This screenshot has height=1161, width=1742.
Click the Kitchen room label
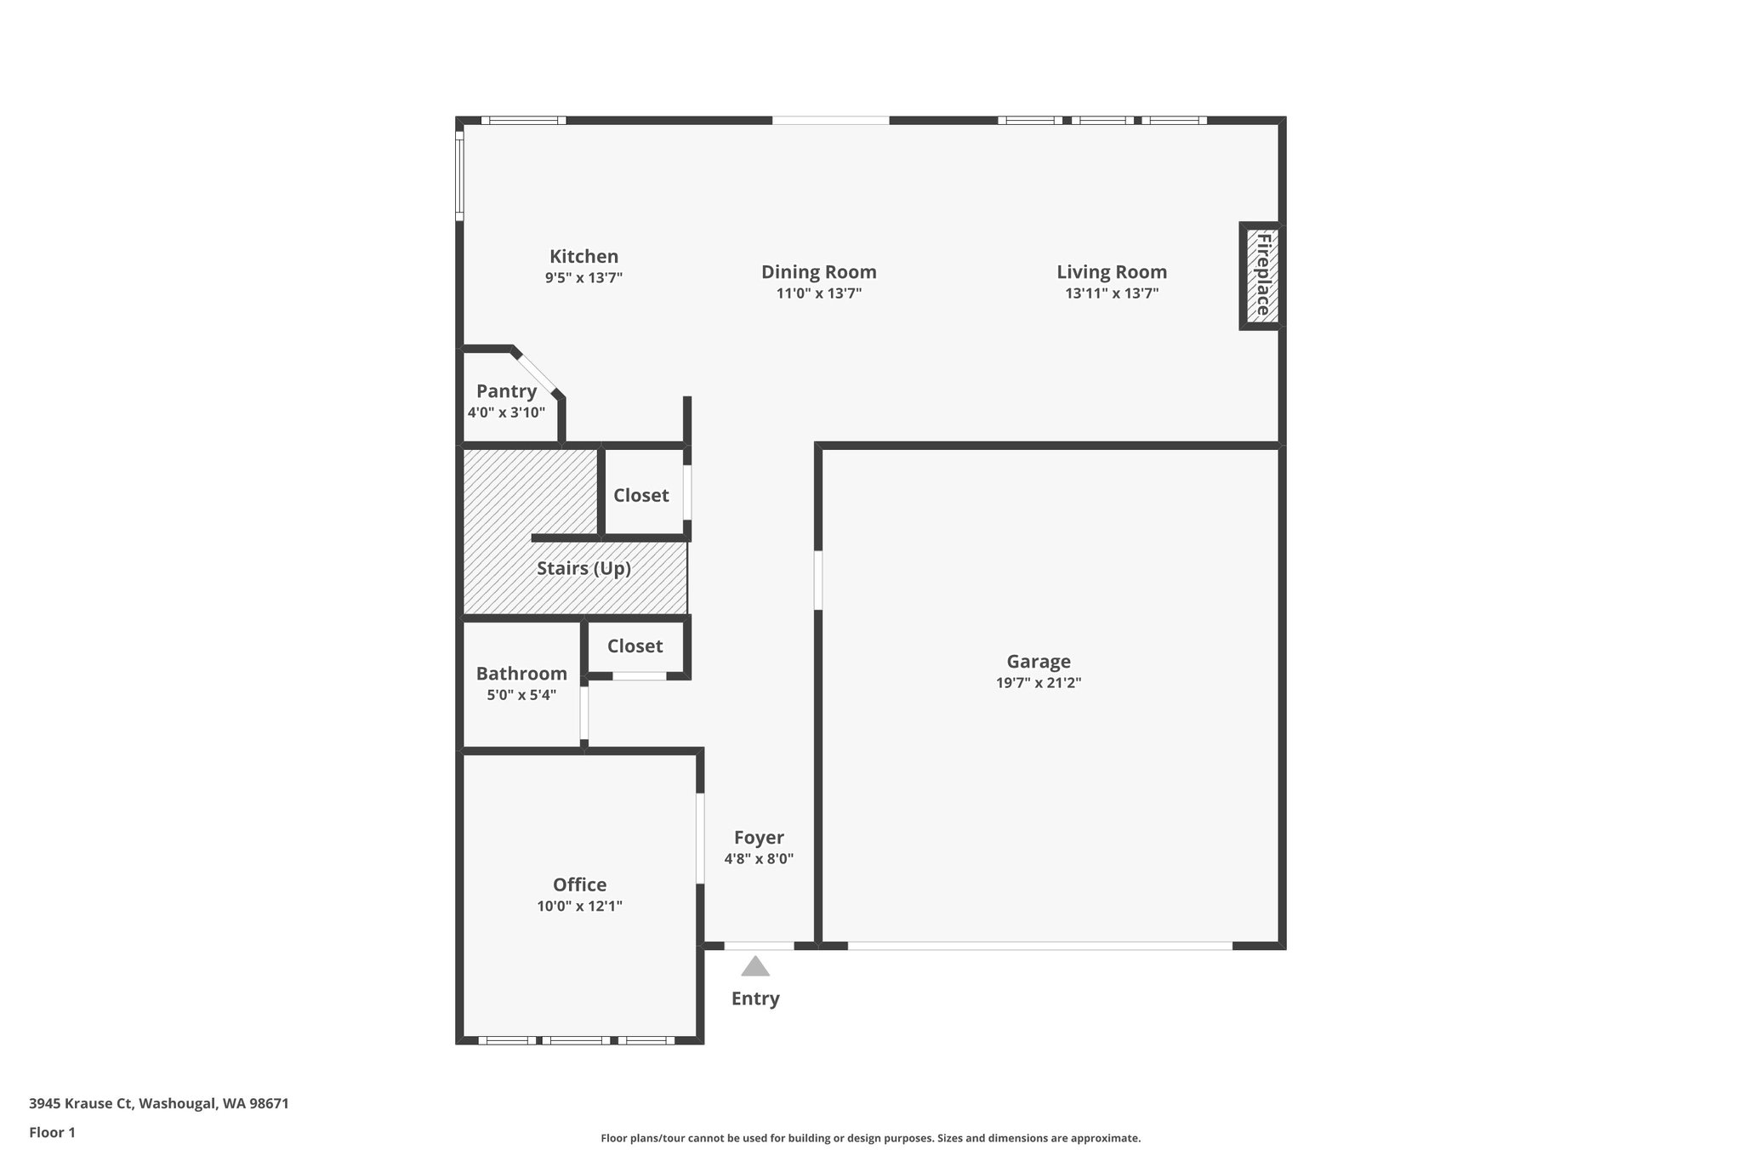pyautogui.click(x=584, y=256)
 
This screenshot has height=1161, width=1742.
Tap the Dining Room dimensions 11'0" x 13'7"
pyautogui.click(x=818, y=293)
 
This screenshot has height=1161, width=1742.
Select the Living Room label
pyautogui.click(x=1112, y=272)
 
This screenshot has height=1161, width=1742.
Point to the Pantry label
pyautogui.click(x=506, y=391)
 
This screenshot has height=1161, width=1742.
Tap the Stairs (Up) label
pyautogui.click(x=584, y=568)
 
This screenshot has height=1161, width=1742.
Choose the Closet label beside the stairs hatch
pyautogui.click(x=640, y=495)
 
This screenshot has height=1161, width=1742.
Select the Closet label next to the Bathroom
pyautogui.click(x=635, y=646)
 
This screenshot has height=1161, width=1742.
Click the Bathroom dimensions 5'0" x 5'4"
pyautogui.click(x=521, y=695)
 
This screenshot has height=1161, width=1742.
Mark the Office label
pyautogui.click(x=579, y=885)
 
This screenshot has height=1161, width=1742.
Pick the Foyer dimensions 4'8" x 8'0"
pyautogui.click(x=759, y=859)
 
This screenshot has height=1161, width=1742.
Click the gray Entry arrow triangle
pyautogui.click(x=755, y=966)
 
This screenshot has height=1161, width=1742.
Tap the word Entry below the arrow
pyautogui.click(x=755, y=999)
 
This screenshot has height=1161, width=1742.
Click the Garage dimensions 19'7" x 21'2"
pyautogui.click(x=1039, y=683)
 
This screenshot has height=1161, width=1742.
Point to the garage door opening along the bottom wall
pyautogui.click(x=1039, y=946)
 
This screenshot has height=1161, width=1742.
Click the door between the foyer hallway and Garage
pyautogui.click(x=818, y=581)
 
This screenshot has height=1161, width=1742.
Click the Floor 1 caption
pyautogui.click(x=52, y=1132)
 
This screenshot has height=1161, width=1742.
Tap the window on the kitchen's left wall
pyautogui.click(x=459, y=175)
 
